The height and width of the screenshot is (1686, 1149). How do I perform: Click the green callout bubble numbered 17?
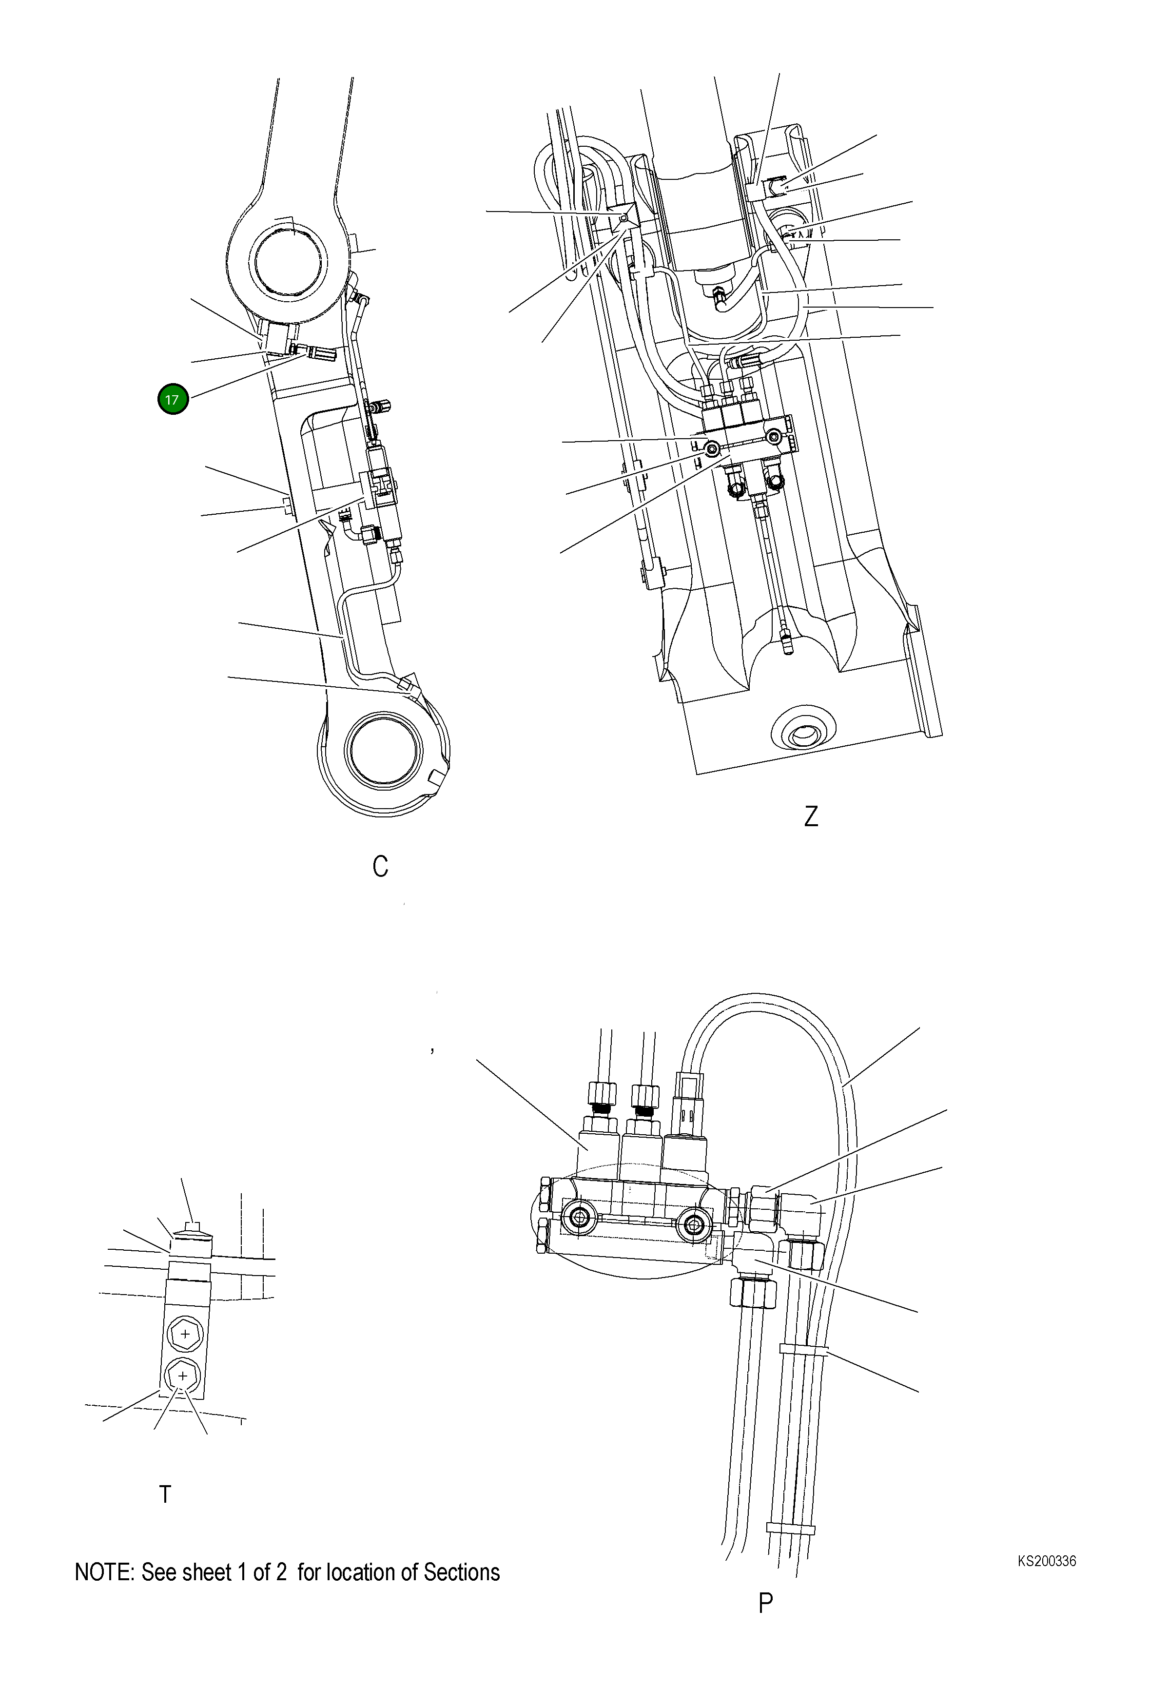pos(173,399)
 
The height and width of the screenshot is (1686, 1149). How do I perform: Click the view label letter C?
pos(380,866)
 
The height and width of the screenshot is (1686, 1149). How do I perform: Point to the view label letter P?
pos(765,1603)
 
